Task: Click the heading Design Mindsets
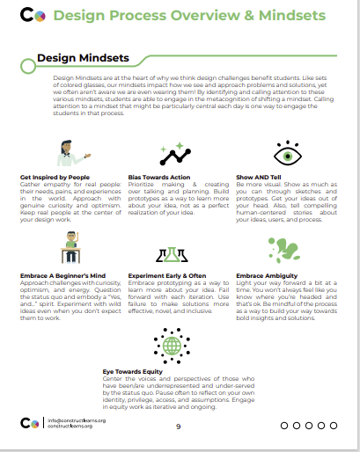(x=83, y=59)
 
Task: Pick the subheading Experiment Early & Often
(x=168, y=276)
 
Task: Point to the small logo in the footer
(x=29, y=423)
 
